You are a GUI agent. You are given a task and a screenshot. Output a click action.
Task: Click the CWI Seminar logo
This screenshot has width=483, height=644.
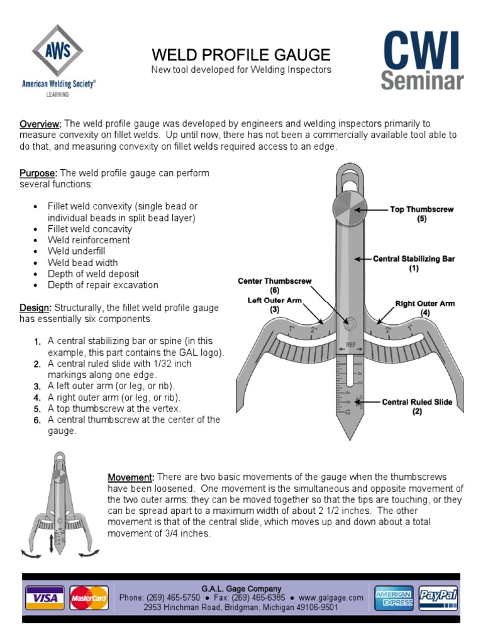coord(423,60)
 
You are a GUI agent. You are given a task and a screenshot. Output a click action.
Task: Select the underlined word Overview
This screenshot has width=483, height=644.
coord(41,124)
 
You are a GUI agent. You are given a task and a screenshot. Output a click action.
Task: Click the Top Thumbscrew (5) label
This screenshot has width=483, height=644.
coord(421,214)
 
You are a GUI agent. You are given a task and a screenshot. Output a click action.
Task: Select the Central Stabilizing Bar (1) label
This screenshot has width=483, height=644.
coord(413,263)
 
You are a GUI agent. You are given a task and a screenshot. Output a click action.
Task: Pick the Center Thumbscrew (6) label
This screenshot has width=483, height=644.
coord(274,286)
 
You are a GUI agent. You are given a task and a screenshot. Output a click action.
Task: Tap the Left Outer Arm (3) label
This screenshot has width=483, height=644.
coord(274,305)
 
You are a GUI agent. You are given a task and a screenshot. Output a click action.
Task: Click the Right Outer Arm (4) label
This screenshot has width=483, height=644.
coord(425,308)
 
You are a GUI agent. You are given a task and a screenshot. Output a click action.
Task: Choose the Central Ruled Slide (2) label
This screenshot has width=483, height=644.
coord(416,406)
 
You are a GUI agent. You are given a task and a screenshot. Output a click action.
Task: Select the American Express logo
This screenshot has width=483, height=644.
coord(393,597)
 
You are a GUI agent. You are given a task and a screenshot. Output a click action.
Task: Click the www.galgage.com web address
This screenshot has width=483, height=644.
coord(331,597)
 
